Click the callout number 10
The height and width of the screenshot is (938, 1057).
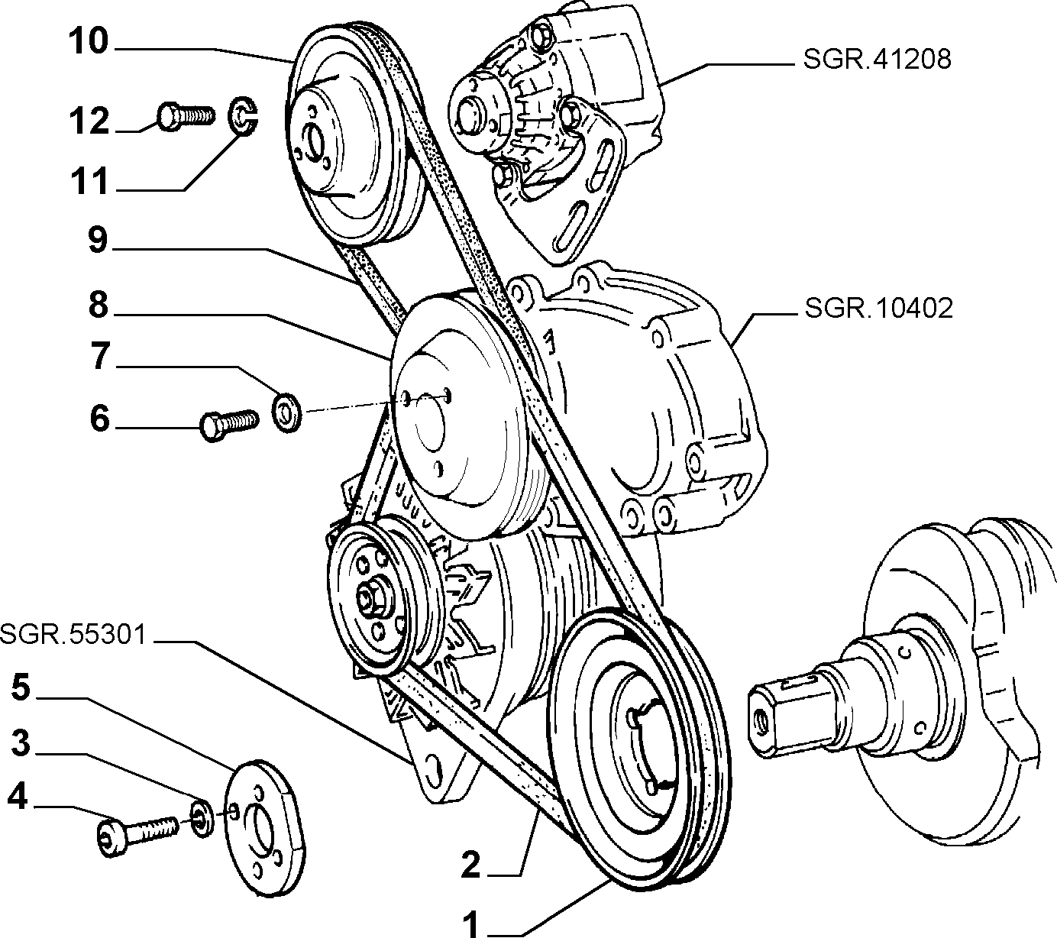[89, 41]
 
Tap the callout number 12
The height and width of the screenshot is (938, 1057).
[89, 121]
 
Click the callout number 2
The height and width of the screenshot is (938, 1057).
[470, 864]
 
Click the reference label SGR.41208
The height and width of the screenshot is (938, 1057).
[877, 60]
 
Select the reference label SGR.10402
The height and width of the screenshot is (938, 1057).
[878, 308]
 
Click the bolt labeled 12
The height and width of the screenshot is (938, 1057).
[186, 115]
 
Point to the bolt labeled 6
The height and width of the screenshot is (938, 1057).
[230, 425]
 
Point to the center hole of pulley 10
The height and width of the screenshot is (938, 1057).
[316, 143]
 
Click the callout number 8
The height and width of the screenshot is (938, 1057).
[99, 304]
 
